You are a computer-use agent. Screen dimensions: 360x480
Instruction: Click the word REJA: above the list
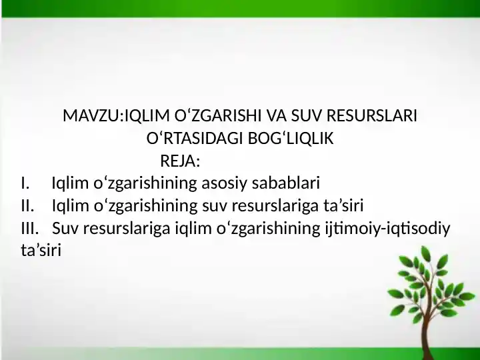point(181,161)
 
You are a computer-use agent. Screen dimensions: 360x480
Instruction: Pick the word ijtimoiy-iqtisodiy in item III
point(387,229)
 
